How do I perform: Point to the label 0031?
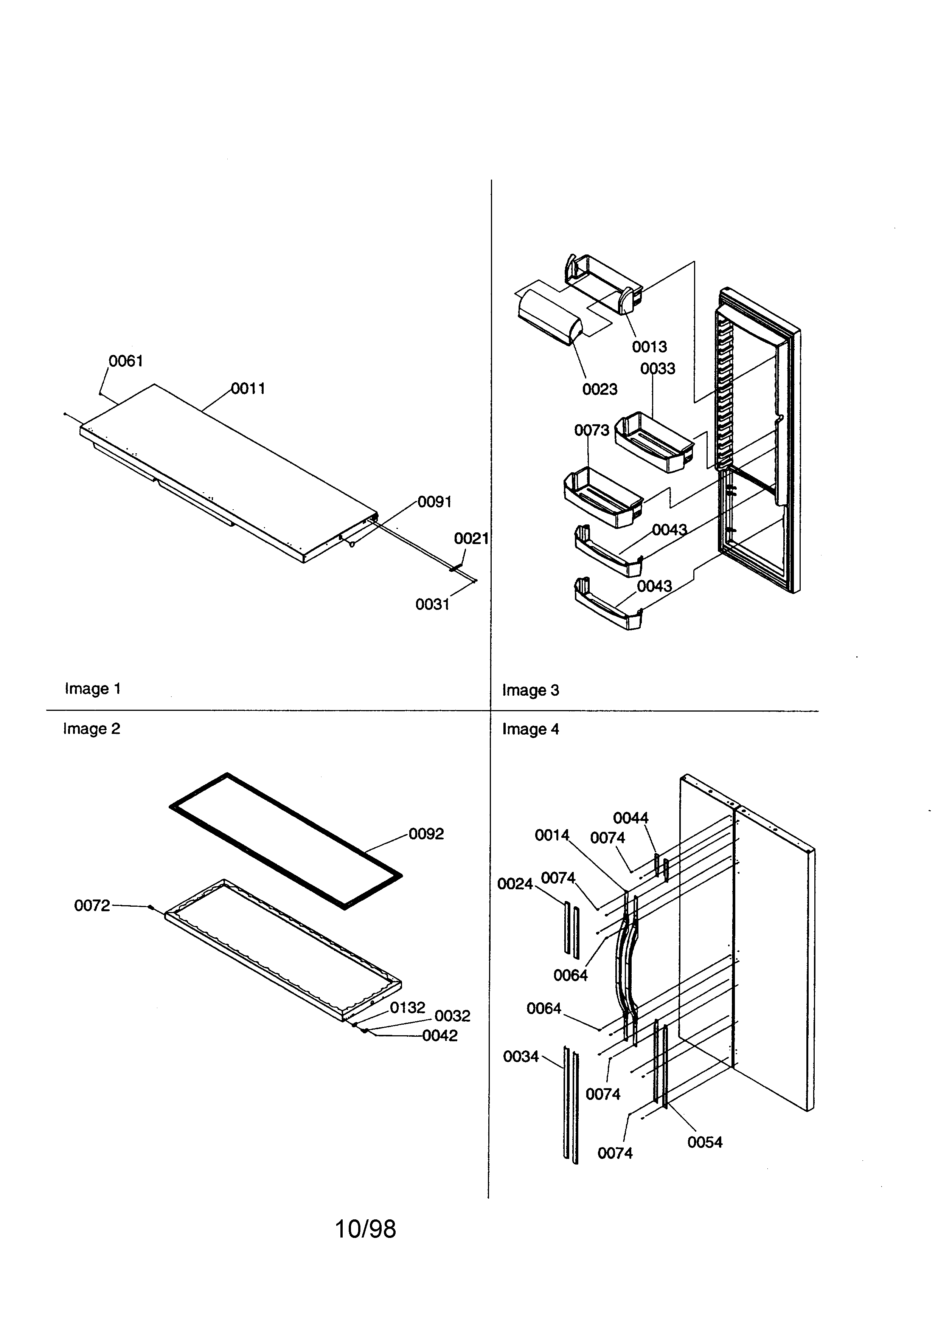432,604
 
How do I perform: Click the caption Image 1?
92,689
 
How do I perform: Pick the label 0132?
407,1007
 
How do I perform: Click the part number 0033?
657,369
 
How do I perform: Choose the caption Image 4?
530,729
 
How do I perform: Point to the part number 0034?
520,1056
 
